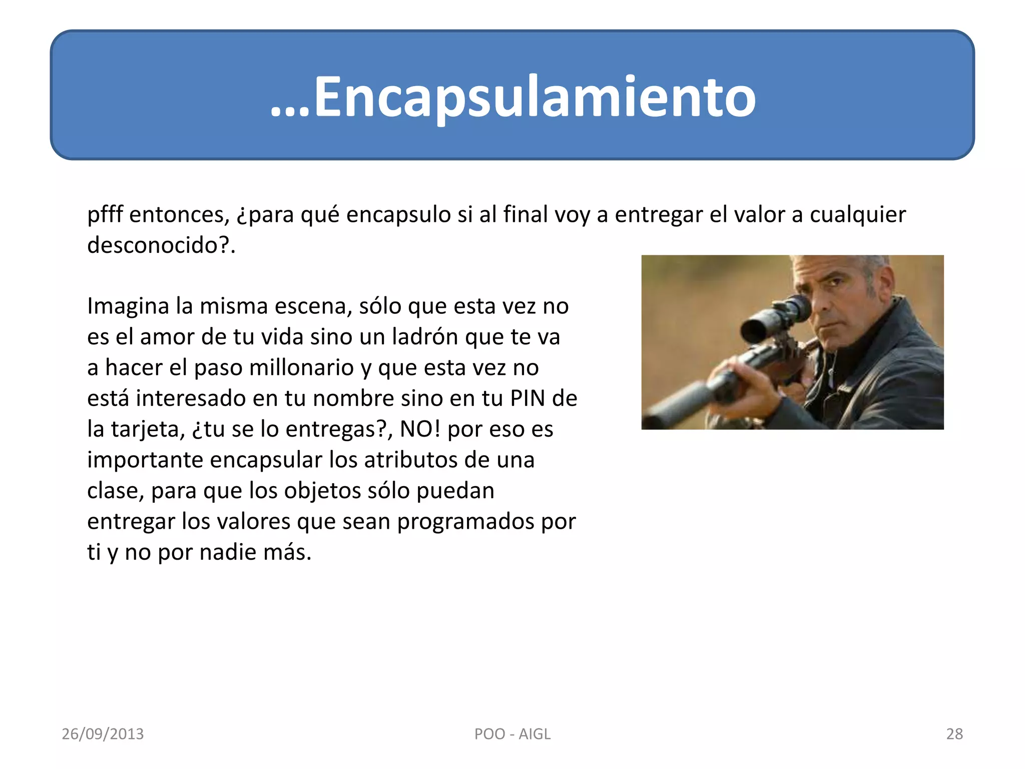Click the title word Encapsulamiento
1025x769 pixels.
[535, 96]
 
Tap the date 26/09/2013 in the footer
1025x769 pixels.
[103, 734]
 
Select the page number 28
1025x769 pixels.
[954, 734]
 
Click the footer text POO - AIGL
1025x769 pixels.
[512, 734]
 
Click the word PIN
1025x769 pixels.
[528, 399]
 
